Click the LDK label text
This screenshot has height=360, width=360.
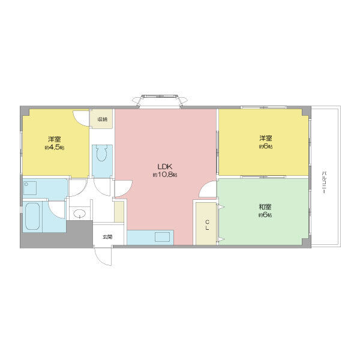165,166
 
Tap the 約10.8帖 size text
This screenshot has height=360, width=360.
165,175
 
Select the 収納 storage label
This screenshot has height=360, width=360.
102,119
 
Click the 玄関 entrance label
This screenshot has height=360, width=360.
107,237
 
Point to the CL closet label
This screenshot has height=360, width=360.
208,225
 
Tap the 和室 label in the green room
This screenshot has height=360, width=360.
265,207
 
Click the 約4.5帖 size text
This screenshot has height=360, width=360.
55,148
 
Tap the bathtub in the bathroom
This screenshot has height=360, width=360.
32,216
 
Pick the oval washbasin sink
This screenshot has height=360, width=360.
79,213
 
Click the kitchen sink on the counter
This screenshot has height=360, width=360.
162,237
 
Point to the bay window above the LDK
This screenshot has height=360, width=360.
161,101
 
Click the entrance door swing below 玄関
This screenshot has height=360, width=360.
103,256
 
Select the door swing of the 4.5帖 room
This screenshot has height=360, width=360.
81,118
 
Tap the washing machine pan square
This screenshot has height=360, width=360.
30,188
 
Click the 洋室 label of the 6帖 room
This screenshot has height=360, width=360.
266,139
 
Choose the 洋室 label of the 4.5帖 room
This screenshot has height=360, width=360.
55,139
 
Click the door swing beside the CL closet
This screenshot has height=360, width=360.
208,189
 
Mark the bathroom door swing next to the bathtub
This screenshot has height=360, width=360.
57,209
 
